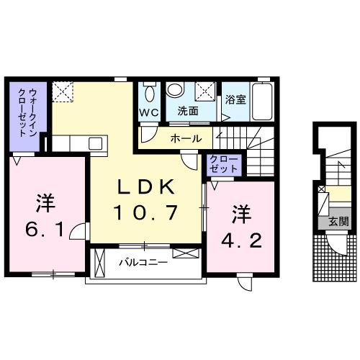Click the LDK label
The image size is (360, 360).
[x=146, y=187]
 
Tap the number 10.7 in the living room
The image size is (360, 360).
[x=146, y=212]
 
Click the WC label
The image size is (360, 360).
[x=149, y=112]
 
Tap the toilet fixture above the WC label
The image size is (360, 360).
[x=149, y=92]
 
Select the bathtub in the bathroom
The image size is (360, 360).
[x=263, y=103]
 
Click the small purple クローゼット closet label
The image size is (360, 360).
[x=222, y=163]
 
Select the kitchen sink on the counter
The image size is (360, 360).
[x=96, y=143]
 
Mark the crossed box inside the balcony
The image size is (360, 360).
[x=184, y=254]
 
